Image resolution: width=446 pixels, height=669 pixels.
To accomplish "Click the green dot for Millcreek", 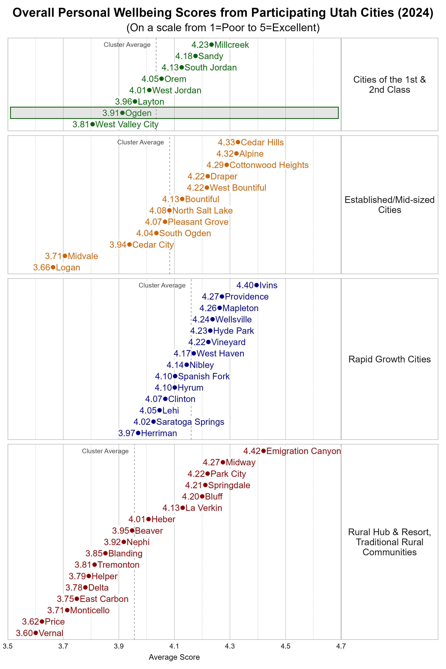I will click(x=211, y=45).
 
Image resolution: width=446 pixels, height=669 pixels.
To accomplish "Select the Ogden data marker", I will click(x=122, y=113).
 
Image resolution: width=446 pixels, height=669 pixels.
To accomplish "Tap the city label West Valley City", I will click(x=127, y=124).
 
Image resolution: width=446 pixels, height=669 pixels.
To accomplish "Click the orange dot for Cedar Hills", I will click(x=238, y=142).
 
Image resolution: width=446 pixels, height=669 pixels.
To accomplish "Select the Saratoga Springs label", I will click(x=190, y=422).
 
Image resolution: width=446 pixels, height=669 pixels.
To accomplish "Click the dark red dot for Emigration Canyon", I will click(x=263, y=451).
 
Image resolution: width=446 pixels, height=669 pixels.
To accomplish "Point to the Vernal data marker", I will click(x=35, y=633).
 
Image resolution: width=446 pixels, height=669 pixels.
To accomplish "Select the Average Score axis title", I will click(x=174, y=657).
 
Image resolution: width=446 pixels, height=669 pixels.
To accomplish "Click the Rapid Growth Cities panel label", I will click(x=389, y=359).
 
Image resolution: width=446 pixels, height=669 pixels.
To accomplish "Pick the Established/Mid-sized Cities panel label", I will click(x=389, y=205).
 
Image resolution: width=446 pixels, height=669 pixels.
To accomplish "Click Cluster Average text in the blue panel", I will click(x=162, y=285).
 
